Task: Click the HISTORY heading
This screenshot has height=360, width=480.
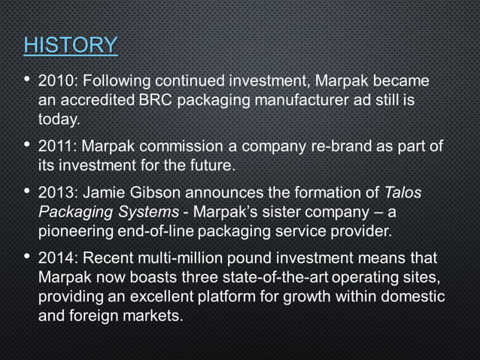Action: coord(70,44)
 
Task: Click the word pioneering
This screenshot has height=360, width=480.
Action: coord(75,230)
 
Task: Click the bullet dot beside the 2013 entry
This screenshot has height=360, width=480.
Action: coord(27,191)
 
